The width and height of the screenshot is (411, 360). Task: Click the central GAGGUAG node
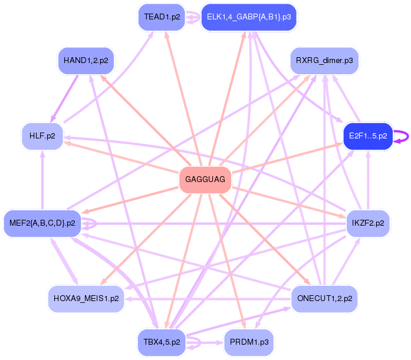click(x=205, y=180)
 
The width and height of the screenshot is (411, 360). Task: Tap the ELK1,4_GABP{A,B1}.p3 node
click(x=248, y=17)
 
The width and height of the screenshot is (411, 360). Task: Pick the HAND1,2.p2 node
click(x=86, y=60)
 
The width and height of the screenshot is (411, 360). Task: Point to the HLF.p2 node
click(x=42, y=136)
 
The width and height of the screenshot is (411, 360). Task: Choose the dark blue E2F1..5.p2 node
click(x=368, y=136)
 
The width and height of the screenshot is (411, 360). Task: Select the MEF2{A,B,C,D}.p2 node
click(x=42, y=223)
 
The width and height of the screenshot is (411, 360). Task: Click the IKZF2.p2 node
click(x=368, y=223)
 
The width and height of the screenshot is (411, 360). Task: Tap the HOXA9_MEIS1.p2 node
click(x=86, y=299)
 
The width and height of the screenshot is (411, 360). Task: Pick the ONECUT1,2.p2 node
click(x=324, y=299)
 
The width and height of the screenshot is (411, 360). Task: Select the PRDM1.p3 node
click(x=248, y=342)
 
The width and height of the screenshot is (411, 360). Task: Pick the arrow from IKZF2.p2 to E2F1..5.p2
click(x=368, y=180)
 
